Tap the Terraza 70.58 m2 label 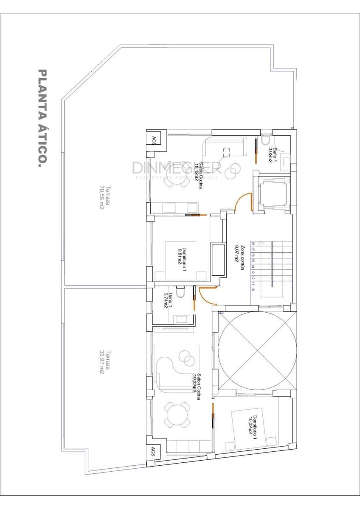pyautogui.click(x=104, y=198)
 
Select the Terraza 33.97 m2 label pyautogui.click(x=104, y=361)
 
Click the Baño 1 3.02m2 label pyautogui.click(x=272, y=155)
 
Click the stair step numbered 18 pyautogui.click(x=253, y=244)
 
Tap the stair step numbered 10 pyautogui.click(x=253, y=289)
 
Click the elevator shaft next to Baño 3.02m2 pyautogui.click(x=272, y=193)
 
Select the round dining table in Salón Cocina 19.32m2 pyautogui.click(x=177, y=415)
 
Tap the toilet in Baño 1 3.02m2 pyautogui.click(x=266, y=140)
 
